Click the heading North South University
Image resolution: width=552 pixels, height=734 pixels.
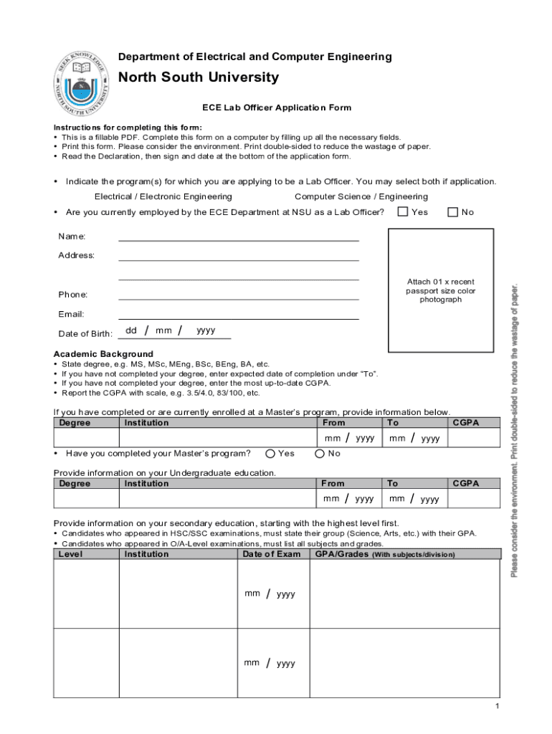click(199, 77)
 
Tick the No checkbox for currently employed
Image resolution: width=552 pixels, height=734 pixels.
click(452, 211)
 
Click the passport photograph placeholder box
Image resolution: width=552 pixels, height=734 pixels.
click(440, 290)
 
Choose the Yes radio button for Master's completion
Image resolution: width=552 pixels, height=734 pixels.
click(270, 453)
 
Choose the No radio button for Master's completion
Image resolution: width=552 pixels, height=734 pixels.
click(320, 453)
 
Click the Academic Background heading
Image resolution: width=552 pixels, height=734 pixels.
click(103, 354)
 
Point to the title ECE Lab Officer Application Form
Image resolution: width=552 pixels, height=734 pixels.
click(277, 108)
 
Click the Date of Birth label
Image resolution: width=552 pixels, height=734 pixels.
click(80, 333)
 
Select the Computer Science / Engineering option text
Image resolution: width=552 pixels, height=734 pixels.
click(361, 196)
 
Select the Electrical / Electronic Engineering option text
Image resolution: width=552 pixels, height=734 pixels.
click(163, 196)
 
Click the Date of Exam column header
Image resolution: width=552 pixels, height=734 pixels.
click(272, 554)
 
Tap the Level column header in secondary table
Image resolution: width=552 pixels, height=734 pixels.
click(70, 554)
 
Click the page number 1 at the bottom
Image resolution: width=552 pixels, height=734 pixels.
click(496, 707)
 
